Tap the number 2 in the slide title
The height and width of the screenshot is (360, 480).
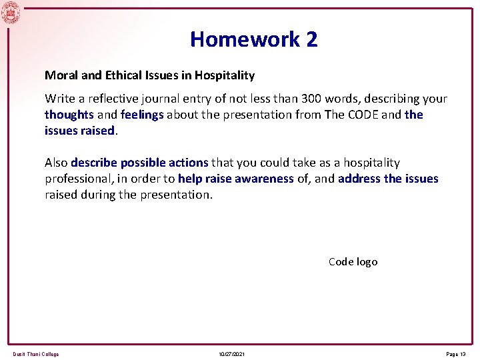coord(312,39)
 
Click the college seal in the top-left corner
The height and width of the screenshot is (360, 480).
coord(11,12)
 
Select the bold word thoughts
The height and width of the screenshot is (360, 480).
coord(69,115)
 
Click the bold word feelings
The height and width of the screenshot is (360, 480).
coord(142,115)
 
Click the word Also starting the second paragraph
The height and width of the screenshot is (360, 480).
coord(57,163)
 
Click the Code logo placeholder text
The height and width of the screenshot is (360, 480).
coord(353,262)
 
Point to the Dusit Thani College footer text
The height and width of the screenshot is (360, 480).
coord(36,354)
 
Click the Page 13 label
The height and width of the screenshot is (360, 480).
coord(455,354)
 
